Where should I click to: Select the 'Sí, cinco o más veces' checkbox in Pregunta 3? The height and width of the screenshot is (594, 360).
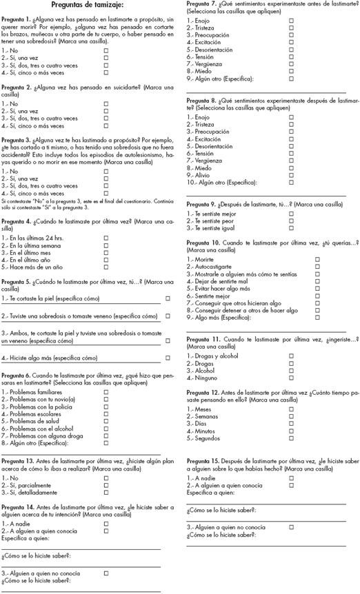(106, 194)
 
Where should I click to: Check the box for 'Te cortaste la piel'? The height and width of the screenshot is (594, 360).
(168, 298)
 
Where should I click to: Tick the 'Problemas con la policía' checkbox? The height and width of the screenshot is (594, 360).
(106, 408)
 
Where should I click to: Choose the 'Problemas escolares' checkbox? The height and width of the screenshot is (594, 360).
(106, 414)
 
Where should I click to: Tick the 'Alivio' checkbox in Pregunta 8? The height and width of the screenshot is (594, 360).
(291, 174)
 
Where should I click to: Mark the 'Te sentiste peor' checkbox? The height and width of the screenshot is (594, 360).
(291, 221)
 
